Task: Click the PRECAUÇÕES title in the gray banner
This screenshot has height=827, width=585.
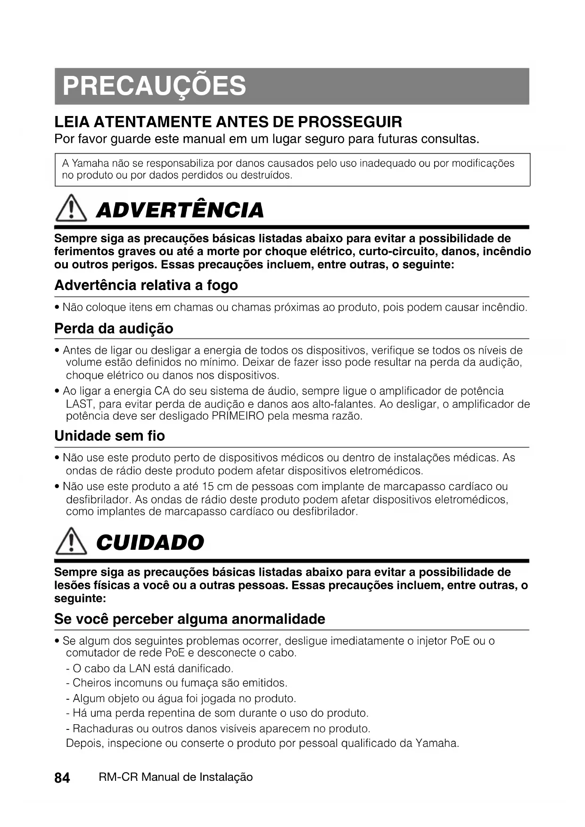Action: pyautogui.click(x=154, y=86)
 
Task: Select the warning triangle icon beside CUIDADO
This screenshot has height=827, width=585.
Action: pyautogui.click(x=71, y=543)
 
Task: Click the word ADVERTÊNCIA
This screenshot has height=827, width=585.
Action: pyautogui.click(x=180, y=211)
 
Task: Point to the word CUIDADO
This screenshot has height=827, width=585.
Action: pyautogui.click(x=150, y=543)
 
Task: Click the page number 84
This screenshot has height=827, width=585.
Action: pyautogui.click(x=62, y=777)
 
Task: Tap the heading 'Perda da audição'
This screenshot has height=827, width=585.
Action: pyautogui.click(x=114, y=329)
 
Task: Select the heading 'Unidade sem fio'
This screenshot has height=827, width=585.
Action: pyautogui.click(x=109, y=436)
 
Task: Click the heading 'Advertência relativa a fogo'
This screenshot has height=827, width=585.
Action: pyautogui.click(x=146, y=285)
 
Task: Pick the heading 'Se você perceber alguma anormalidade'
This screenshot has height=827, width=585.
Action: pyautogui.click(x=190, y=619)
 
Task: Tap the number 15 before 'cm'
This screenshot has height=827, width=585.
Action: pyautogui.click(x=208, y=487)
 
